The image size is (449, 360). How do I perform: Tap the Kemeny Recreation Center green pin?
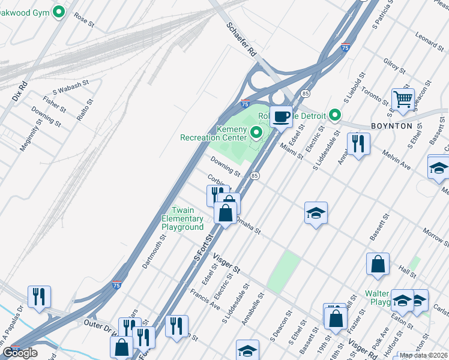click(257, 132)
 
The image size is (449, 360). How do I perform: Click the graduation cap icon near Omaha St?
click(316, 213)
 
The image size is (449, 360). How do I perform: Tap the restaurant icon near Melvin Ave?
click(358, 143)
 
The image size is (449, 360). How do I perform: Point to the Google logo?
click(20, 353)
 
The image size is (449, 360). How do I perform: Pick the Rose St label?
click(84, 21)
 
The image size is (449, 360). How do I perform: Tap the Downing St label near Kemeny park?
click(225, 166)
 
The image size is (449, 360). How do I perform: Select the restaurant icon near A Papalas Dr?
click(39, 296)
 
